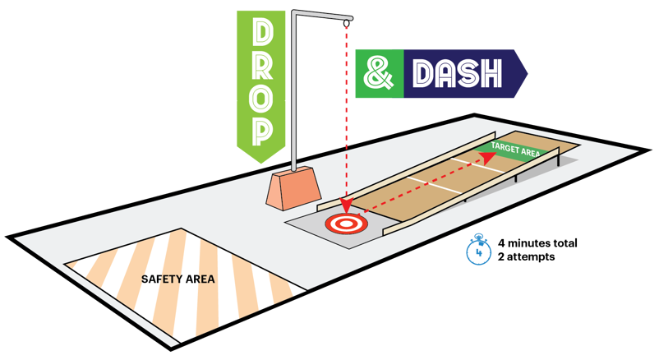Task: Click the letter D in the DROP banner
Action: [261, 32]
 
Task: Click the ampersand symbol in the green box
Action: [379, 74]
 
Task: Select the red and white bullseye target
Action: [344, 222]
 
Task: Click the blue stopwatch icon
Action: [477, 248]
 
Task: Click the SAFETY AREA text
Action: [177, 279]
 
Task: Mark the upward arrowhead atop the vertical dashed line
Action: [346, 28]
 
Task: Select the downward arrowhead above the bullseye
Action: [345, 203]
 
